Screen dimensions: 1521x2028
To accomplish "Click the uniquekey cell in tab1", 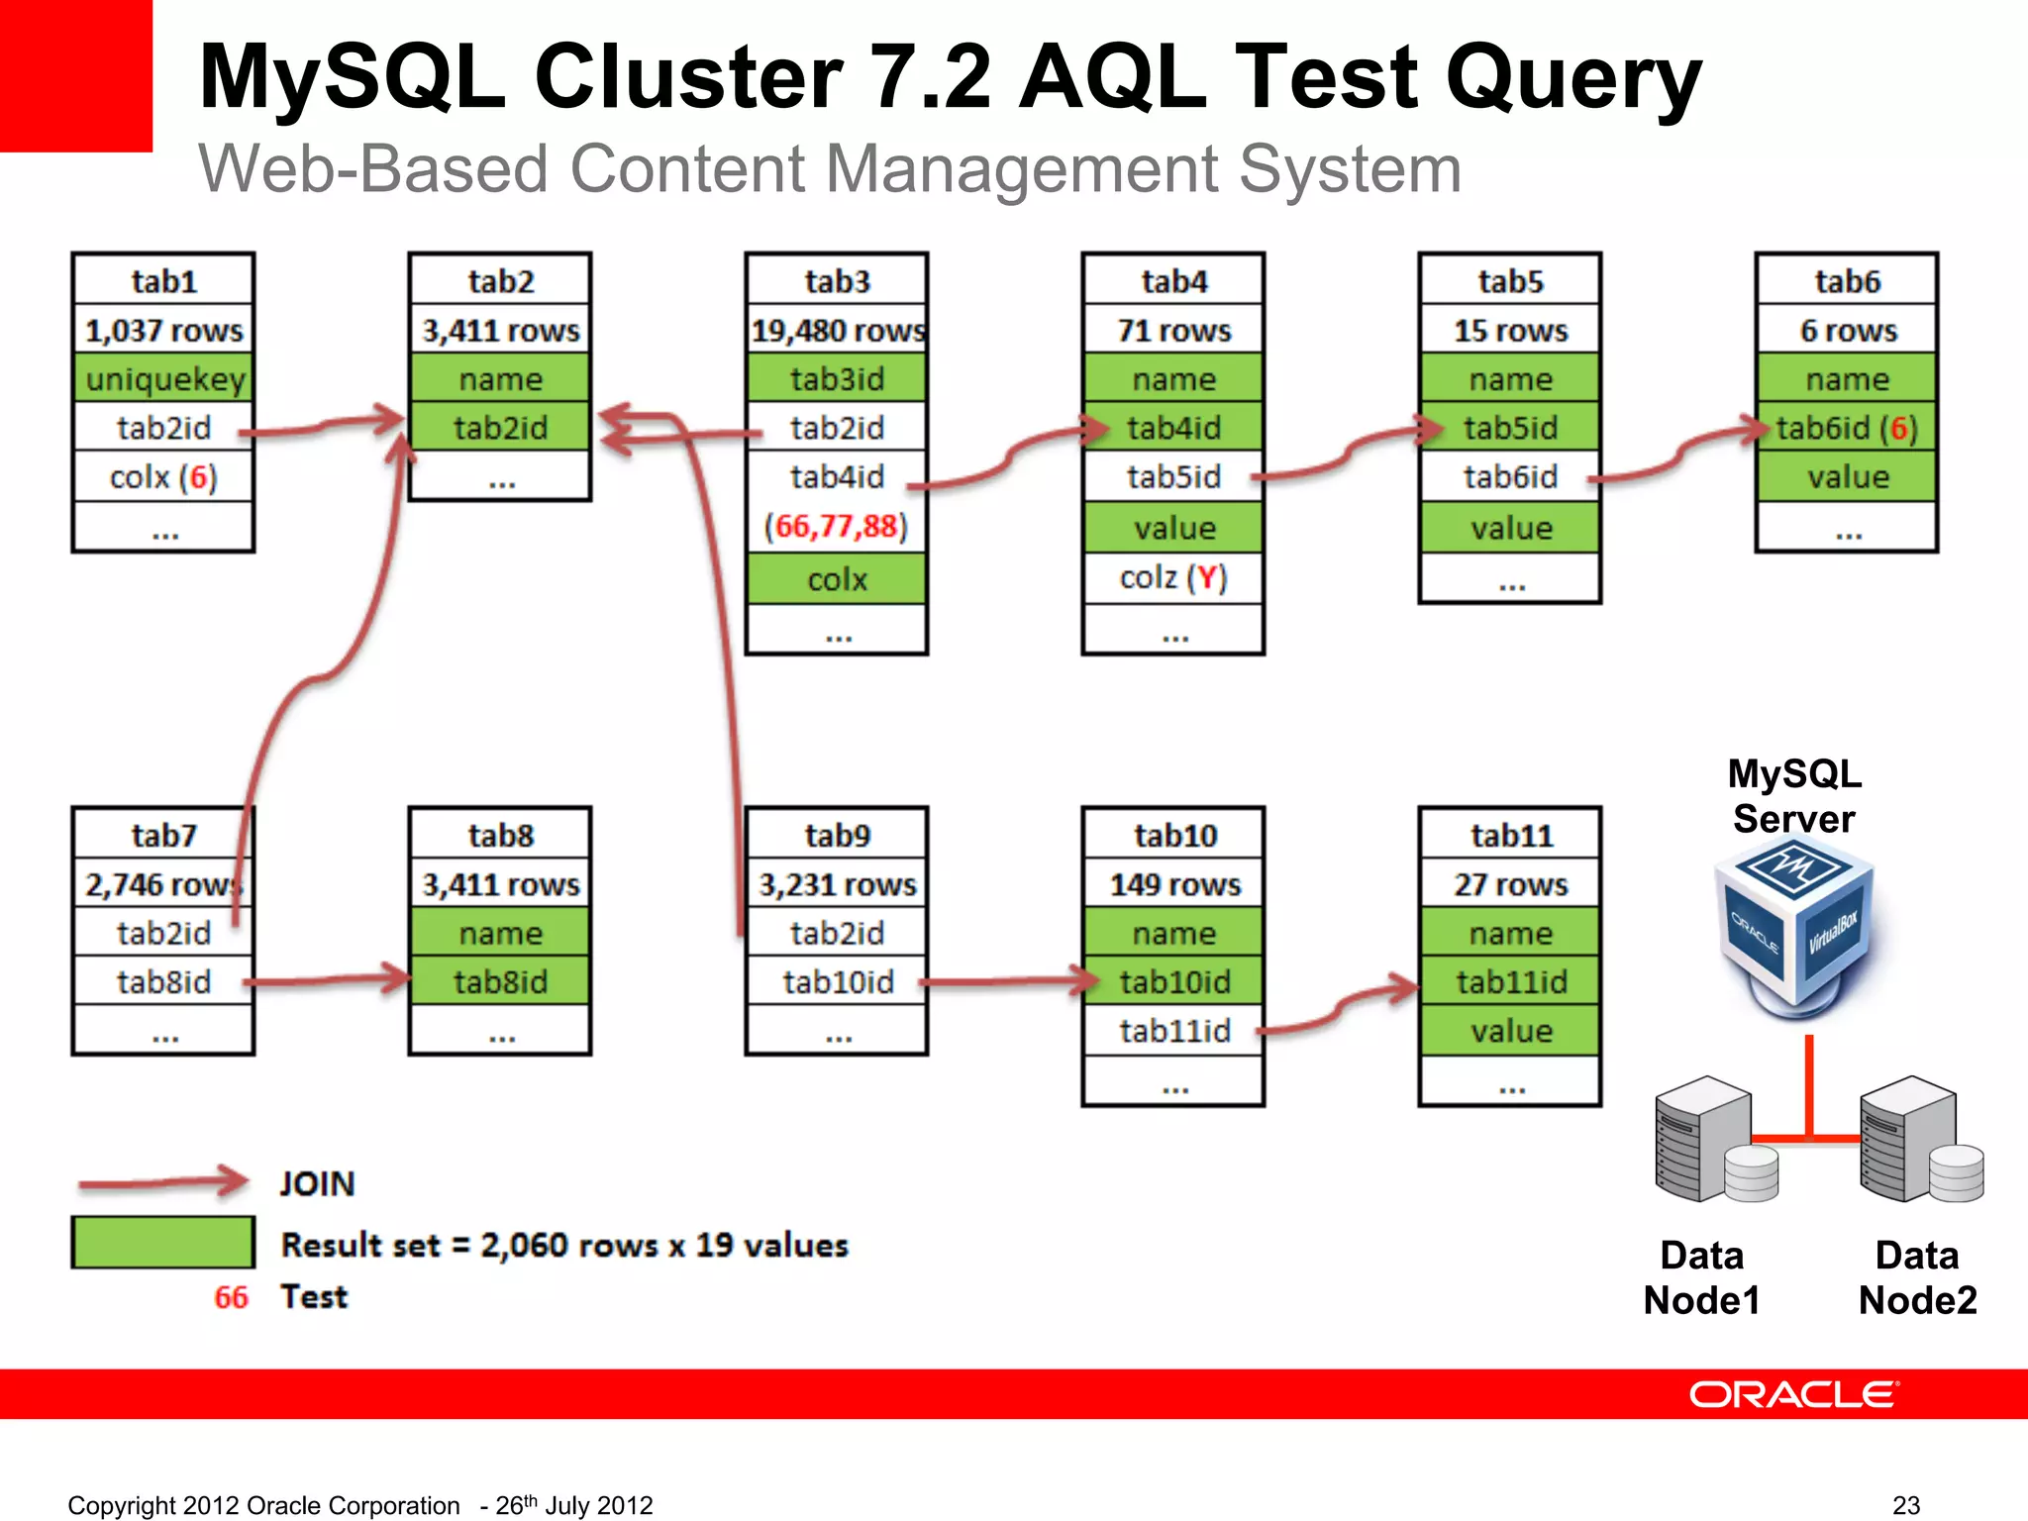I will (163, 379).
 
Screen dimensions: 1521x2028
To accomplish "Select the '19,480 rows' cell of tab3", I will (837, 330).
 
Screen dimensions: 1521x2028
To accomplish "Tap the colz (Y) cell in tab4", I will (1173, 577).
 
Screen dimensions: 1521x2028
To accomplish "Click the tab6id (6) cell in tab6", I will (1847, 428).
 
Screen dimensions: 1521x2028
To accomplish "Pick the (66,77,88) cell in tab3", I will (837, 526).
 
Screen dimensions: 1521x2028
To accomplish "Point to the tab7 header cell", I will (163, 835).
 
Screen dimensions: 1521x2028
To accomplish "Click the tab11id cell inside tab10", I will (1173, 1031).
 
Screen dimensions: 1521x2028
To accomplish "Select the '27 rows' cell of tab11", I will (1510, 883).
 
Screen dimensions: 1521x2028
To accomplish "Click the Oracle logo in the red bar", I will (1793, 1394).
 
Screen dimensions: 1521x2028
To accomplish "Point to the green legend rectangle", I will (163, 1242).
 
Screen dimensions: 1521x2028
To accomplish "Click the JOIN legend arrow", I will (163, 1181).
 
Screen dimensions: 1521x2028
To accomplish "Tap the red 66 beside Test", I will (231, 1297).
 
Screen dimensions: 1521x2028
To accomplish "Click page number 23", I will (1905, 1505).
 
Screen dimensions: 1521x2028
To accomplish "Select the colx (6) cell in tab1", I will (163, 477).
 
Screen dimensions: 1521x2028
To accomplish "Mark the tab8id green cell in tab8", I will (500, 981).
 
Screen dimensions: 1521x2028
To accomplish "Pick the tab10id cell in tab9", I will (837, 981).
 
